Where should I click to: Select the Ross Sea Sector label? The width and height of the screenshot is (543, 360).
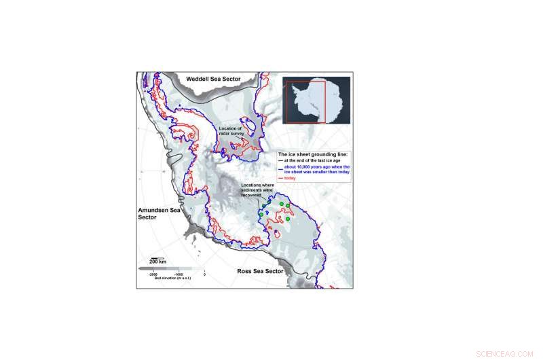click(260, 271)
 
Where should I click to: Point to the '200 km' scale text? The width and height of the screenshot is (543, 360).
click(157, 262)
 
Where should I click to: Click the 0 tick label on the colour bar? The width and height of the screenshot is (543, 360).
click(204, 275)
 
